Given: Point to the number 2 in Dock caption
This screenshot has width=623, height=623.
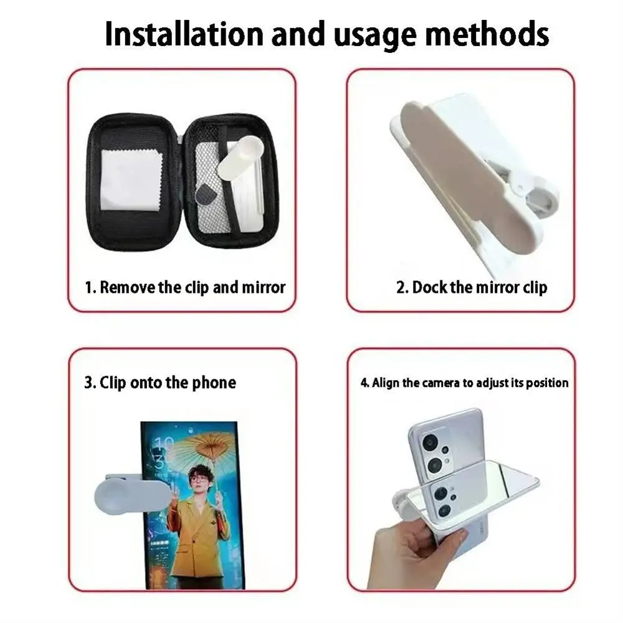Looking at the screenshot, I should coord(401,288).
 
